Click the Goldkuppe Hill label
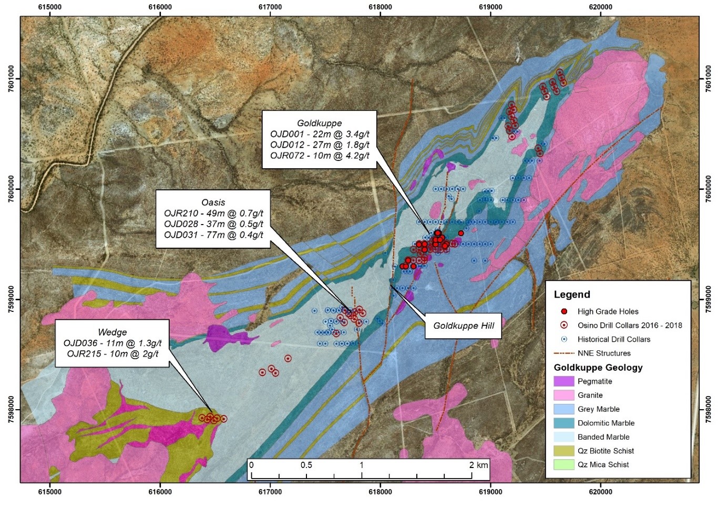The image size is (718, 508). (463, 326)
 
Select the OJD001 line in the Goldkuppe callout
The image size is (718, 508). (320, 134)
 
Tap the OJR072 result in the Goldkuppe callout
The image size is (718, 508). (320, 155)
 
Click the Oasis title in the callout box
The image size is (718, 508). (213, 202)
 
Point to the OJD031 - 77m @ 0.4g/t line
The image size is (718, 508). (213, 235)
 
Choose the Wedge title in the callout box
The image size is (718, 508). (112, 332)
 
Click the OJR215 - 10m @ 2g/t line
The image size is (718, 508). (112, 353)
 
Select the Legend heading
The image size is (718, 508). (572, 294)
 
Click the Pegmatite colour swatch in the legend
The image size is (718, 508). (563, 381)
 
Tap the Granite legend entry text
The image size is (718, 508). (590, 395)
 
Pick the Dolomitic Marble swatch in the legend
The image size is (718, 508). (563, 423)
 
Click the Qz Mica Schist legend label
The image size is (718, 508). (603, 464)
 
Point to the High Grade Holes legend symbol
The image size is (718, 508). (564, 311)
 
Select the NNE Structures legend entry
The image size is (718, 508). (603, 353)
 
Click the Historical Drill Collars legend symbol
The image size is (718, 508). (564, 339)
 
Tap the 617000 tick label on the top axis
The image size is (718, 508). (270, 7)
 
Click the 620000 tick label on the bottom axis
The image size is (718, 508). (600, 492)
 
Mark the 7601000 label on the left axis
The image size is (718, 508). (11, 79)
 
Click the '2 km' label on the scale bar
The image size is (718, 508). (478, 465)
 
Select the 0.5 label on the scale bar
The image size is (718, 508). (306, 465)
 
